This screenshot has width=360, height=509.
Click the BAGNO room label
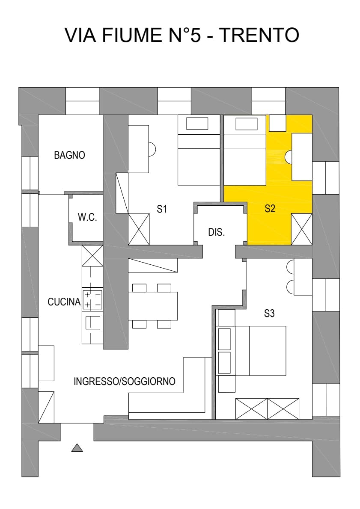point(69,155)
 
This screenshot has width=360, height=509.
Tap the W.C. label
point(87,217)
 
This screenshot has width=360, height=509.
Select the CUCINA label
point(64,302)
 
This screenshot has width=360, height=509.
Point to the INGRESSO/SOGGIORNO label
point(125,382)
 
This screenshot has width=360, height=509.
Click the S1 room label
point(161,209)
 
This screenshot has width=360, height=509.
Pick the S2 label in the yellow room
point(269,209)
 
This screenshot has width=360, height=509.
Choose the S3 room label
point(269,314)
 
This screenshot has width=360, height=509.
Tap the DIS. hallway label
point(217,233)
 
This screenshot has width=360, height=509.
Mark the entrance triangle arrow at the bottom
point(77,448)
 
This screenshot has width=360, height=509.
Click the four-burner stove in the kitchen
point(92,299)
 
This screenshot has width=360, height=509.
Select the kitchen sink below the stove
point(92,323)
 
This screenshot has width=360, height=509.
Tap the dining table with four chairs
point(153,306)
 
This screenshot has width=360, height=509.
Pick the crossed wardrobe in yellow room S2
point(302,229)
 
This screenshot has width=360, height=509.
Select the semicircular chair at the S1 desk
point(152,149)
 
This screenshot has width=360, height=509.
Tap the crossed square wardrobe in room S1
point(139,229)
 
